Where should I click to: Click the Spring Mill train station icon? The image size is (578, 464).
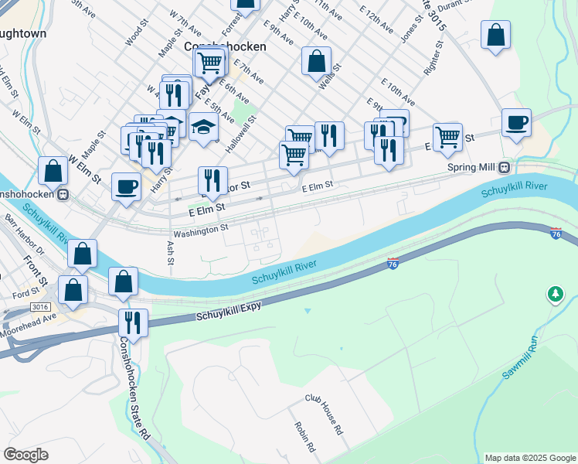coord(504,166)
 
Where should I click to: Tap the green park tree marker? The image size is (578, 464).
coord(555,294)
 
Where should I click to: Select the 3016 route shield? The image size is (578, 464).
coord(41,307)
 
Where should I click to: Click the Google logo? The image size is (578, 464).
coord(26,455)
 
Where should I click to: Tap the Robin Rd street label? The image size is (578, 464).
coord(304,438)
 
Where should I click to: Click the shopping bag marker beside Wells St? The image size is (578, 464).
coord(316,61)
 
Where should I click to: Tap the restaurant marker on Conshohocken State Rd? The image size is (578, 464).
coord(133,322)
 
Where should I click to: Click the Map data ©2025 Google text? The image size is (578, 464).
coord(529,458)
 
